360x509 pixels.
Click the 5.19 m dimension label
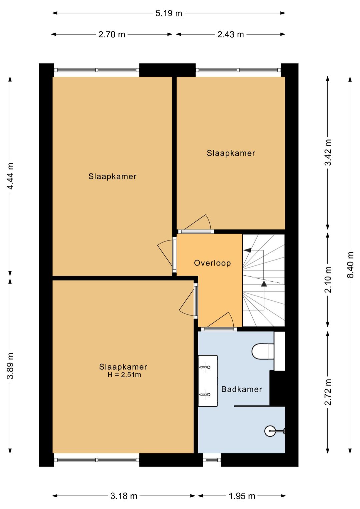click(x=169, y=13)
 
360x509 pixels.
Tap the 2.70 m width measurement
click(x=112, y=35)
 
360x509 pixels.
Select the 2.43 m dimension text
click(x=230, y=35)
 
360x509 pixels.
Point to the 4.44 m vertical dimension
click(x=10, y=176)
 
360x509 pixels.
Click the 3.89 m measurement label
click(x=10, y=366)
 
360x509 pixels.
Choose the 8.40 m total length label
click(x=350, y=265)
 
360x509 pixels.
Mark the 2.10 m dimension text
click(x=328, y=280)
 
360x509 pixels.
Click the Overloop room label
click(x=212, y=263)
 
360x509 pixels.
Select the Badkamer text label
click(x=241, y=389)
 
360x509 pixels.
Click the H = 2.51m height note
click(x=124, y=375)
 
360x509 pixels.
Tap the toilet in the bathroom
click(x=263, y=351)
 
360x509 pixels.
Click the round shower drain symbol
click(x=270, y=431)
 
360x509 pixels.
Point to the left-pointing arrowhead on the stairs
click(x=247, y=250)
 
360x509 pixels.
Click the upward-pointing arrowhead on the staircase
click(x=264, y=284)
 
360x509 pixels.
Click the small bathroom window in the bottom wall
click(x=212, y=460)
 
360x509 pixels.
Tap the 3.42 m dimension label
click(x=328, y=152)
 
